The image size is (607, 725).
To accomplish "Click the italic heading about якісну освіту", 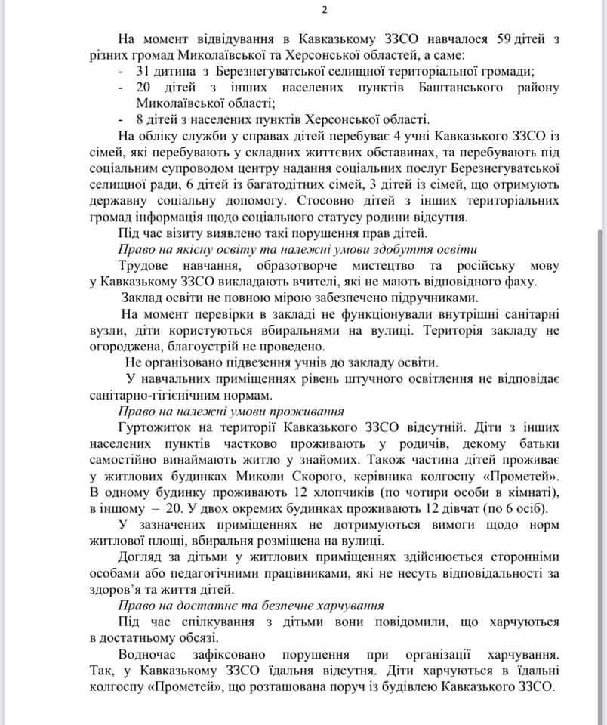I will [298, 250].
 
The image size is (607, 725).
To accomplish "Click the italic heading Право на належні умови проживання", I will [231, 412].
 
